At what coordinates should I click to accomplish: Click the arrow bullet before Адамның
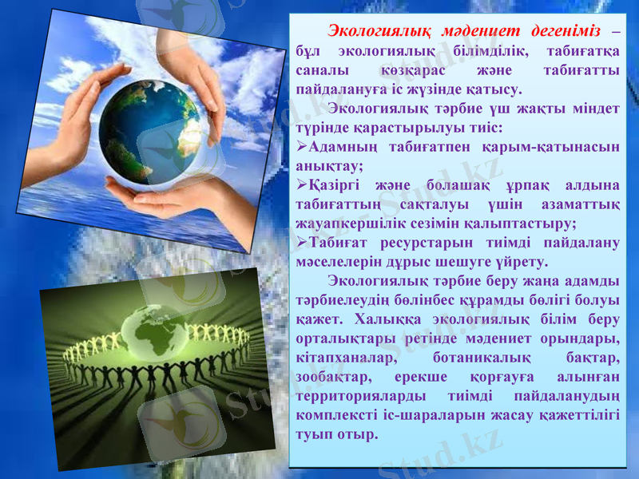[302, 148]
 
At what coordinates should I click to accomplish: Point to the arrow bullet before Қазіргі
[302, 186]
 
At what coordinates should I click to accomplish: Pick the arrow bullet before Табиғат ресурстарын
[302, 243]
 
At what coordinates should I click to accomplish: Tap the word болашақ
[442, 186]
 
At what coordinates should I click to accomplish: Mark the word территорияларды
[357, 396]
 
